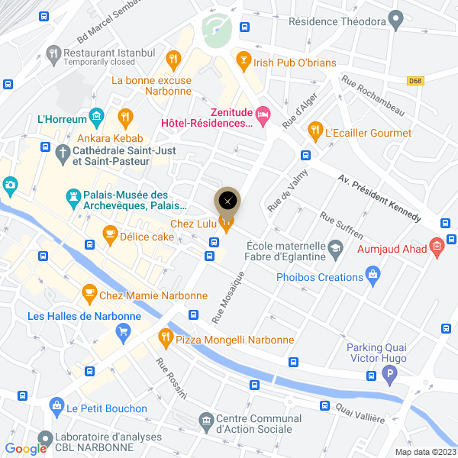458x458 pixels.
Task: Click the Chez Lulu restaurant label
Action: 194,223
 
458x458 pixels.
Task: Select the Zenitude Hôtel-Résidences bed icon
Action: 263,116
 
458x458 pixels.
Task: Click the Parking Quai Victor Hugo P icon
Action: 390,376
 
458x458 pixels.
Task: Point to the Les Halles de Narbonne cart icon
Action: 122,331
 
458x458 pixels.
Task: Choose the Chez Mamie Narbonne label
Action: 153,295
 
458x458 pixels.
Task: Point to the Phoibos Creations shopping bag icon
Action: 373,273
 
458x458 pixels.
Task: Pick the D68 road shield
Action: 415,80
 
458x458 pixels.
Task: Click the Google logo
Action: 26,449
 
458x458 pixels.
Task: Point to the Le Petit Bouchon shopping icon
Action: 56,405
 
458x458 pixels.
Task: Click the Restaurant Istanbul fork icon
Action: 53,53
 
